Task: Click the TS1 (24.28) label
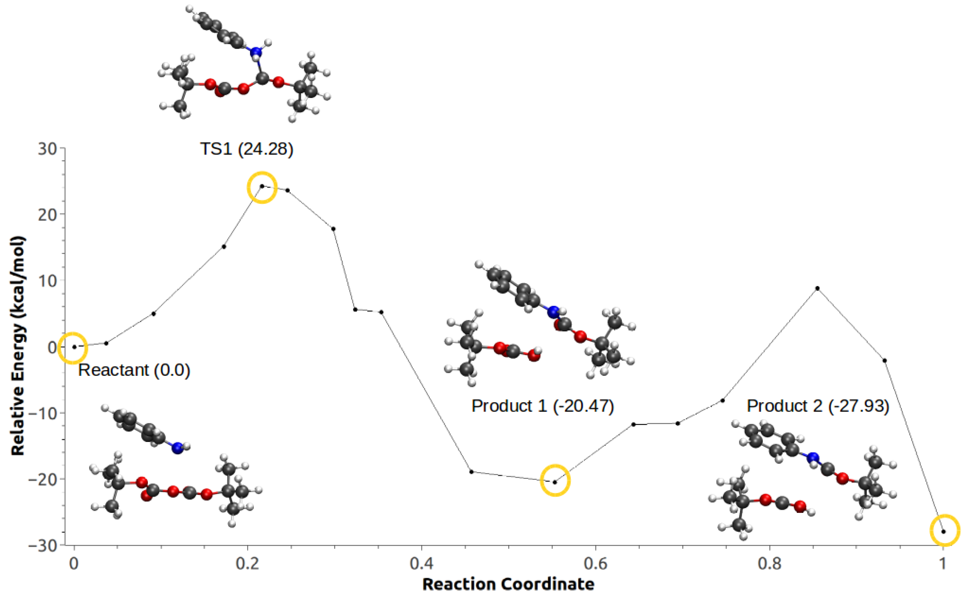246,149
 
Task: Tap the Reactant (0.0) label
134,370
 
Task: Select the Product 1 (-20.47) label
542,406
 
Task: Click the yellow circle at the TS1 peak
262,187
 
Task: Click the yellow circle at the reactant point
73,348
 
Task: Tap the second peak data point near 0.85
817,288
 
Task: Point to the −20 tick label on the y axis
42,479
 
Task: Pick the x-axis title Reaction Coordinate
508,584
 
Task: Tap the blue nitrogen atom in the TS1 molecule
256,52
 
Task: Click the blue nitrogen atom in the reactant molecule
177,448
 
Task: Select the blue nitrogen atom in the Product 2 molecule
813,458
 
